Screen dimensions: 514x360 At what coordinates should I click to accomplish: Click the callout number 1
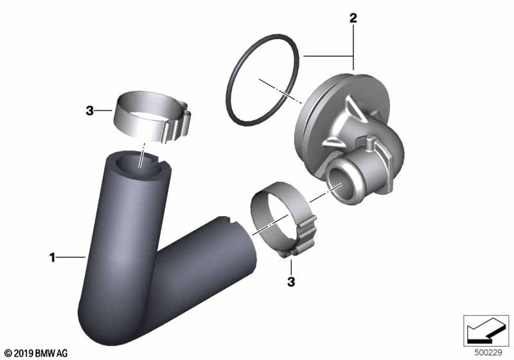[x=52, y=257]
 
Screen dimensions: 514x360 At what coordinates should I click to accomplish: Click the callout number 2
[x=353, y=18]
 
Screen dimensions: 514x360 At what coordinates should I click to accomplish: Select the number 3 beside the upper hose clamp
[x=89, y=111]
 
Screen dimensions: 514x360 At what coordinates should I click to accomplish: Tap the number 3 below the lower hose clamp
[x=291, y=282]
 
